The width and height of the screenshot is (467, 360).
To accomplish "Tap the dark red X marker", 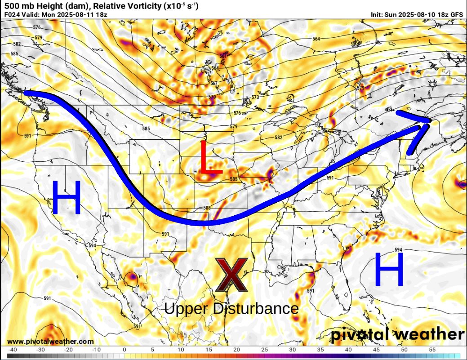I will pos(231,274).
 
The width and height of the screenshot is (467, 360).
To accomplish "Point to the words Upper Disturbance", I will pos(231,309).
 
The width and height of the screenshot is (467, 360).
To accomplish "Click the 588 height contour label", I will pos(207,208).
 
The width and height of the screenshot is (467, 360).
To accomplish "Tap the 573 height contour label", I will pos(255,98).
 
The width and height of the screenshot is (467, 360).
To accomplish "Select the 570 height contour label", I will pos(212,97).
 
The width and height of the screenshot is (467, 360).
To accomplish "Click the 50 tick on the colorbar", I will pos(405,349).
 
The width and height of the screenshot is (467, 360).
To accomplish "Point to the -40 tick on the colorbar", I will pos(13,349).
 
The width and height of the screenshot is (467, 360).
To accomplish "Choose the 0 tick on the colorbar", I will pos(125,349).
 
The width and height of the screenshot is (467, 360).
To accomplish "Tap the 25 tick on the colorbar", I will pos(264,349).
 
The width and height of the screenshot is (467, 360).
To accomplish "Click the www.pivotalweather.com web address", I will pos(50,342).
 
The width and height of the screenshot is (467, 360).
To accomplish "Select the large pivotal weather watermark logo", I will pos(398,335).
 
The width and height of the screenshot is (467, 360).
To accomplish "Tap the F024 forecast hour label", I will pos(13,14).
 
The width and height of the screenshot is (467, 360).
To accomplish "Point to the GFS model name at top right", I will pos(456,14).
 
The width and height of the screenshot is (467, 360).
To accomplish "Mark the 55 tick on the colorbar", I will pos(432,349).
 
